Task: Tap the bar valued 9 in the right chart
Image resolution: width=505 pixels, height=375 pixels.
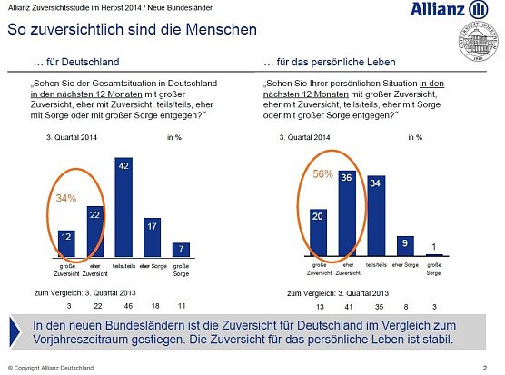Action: pos(404,246)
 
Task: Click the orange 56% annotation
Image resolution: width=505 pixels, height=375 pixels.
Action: pos(322,174)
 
